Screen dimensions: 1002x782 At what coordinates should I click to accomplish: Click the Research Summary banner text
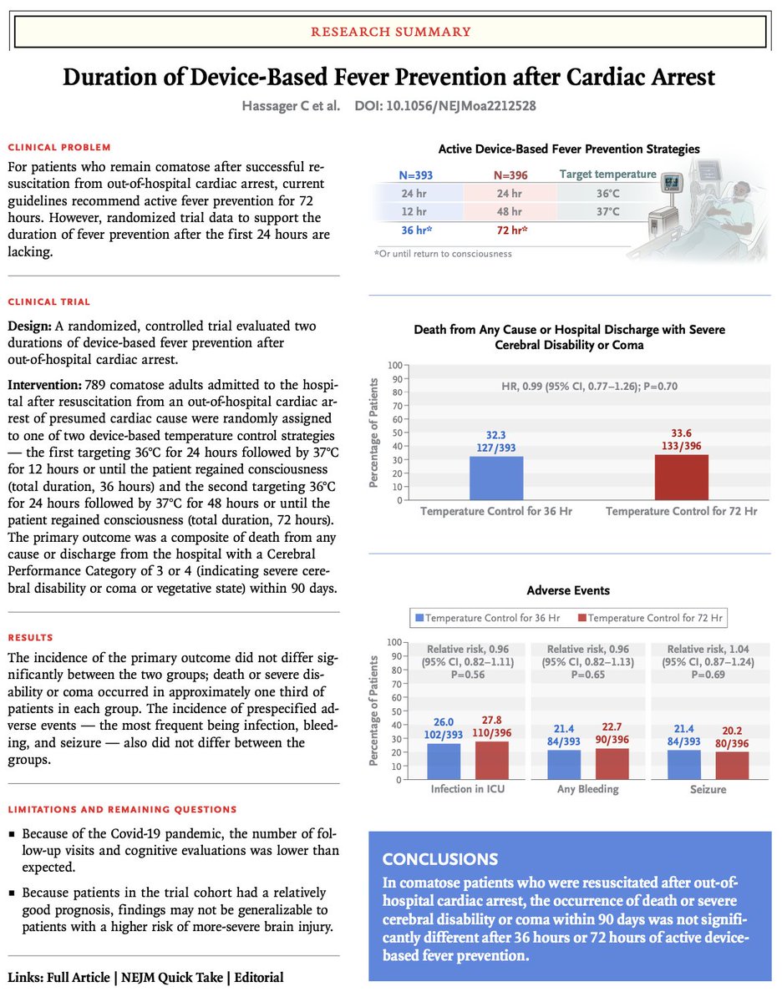(x=390, y=32)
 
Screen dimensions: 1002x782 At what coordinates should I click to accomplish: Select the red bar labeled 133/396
(x=681, y=477)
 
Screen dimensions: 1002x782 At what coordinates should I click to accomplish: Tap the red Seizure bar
(x=732, y=766)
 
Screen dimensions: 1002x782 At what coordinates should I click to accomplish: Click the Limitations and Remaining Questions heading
(x=122, y=809)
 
